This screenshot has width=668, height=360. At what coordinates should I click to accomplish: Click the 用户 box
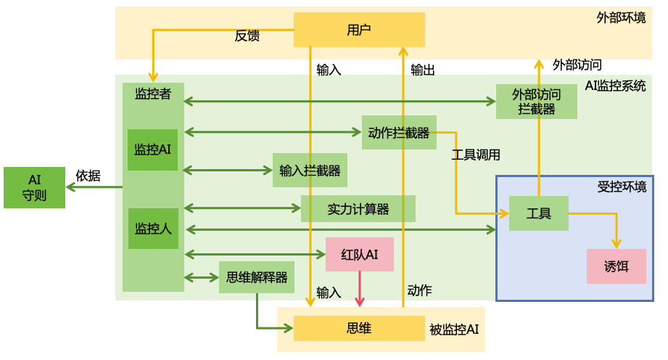point(359,30)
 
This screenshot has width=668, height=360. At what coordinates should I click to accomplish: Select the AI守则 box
point(34,187)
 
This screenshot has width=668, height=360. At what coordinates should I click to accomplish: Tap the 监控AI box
point(152,150)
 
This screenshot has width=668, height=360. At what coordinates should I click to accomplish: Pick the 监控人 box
point(153,229)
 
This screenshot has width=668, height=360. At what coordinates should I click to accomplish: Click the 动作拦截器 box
point(399,133)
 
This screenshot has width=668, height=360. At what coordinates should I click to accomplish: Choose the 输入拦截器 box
point(310,171)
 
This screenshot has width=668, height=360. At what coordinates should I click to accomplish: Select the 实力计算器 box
point(358,209)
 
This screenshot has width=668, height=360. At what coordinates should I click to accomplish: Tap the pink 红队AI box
point(360,254)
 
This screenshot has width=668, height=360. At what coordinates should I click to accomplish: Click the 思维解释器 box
point(257,277)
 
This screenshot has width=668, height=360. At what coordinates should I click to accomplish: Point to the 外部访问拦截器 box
point(537,102)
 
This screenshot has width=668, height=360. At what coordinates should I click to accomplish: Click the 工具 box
point(538,213)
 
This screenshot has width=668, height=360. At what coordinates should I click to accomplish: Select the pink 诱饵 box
point(616,266)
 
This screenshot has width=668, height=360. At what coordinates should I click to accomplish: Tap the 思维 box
point(359,329)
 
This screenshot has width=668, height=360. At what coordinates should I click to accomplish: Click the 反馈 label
point(247,36)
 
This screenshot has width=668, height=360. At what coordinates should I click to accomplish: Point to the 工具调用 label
point(476,155)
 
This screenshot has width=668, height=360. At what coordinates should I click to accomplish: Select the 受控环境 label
point(622,187)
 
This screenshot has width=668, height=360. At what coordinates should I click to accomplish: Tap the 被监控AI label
point(454,330)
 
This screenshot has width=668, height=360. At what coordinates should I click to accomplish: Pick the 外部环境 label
point(621,17)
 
